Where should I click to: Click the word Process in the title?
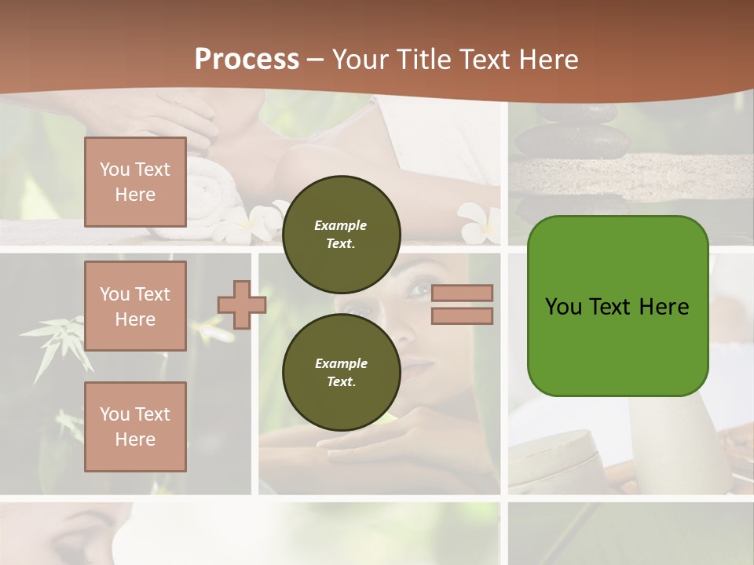[x=247, y=59]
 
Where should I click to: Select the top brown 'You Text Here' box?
[x=135, y=182]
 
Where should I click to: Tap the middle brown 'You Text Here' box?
[x=135, y=306]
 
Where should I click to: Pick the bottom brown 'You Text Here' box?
[x=135, y=426]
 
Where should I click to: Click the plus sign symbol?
[x=242, y=304]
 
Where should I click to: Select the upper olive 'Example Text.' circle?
[x=341, y=234]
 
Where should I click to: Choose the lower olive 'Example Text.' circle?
[x=341, y=372]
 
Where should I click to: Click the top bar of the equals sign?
[x=462, y=293]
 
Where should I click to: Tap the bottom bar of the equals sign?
[x=462, y=316]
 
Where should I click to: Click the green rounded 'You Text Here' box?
[x=617, y=306]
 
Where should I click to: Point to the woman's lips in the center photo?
[x=420, y=366]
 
